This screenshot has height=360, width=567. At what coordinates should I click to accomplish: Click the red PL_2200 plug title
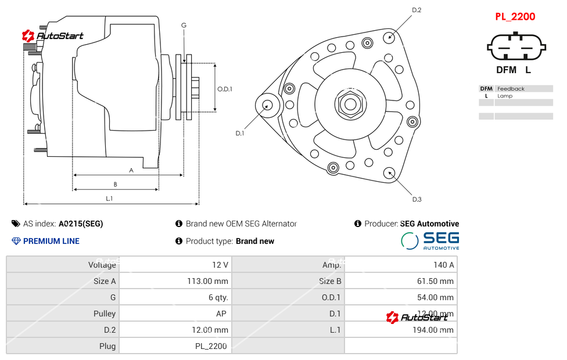click(515, 17)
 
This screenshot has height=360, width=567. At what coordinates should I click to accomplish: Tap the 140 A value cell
click(443, 265)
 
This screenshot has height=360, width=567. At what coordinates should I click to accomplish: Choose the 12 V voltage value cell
click(220, 265)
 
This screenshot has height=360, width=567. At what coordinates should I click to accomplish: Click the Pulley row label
click(105, 314)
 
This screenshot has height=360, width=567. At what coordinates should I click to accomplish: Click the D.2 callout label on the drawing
click(417, 10)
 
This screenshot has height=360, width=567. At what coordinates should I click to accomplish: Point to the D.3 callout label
click(417, 199)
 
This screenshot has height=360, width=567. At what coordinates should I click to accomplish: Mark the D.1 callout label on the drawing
click(239, 134)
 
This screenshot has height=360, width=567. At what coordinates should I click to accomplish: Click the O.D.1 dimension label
click(225, 89)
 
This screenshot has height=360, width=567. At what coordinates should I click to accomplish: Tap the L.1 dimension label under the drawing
click(109, 199)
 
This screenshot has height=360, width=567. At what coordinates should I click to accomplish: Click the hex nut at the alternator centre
click(350, 105)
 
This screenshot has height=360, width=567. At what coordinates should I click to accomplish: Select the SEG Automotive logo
click(430, 240)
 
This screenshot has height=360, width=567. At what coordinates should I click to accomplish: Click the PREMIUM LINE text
click(51, 241)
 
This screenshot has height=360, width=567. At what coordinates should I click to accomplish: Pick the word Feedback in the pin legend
click(511, 89)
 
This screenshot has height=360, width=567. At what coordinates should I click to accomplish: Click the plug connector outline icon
click(515, 47)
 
